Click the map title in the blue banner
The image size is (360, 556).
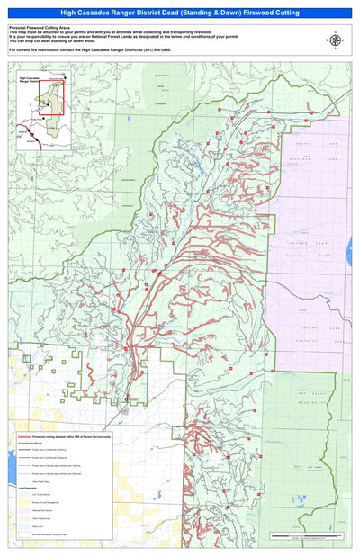point(180,13)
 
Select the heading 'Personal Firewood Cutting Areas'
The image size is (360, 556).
point(39,28)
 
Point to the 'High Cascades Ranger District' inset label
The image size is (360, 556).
point(31,81)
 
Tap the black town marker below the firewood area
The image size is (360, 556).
point(126,399)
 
